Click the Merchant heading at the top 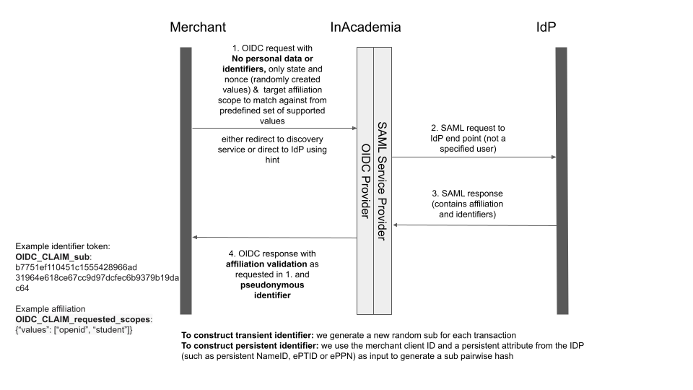(198, 27)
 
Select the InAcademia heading (365, 27)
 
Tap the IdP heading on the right (546, 27)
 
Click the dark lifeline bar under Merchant (186, 181)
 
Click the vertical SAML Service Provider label (383, 181)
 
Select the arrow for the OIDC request (274, 128)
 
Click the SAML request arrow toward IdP (474, 157)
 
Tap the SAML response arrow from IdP (474, 225)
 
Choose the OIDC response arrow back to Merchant (274, 238)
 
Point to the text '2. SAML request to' (474, 127)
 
